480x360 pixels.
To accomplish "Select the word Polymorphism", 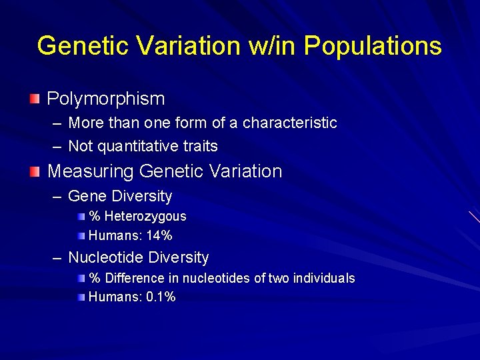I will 106,99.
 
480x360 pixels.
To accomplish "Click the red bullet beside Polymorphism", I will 35,99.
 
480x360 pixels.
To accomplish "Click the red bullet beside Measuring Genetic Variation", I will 35,172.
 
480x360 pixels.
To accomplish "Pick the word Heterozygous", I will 145,217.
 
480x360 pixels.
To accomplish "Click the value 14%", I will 159,235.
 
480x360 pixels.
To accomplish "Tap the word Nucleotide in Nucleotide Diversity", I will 104,258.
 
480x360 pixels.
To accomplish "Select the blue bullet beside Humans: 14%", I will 81,235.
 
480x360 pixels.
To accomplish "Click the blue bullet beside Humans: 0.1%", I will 81,297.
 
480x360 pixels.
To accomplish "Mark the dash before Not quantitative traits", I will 57,146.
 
